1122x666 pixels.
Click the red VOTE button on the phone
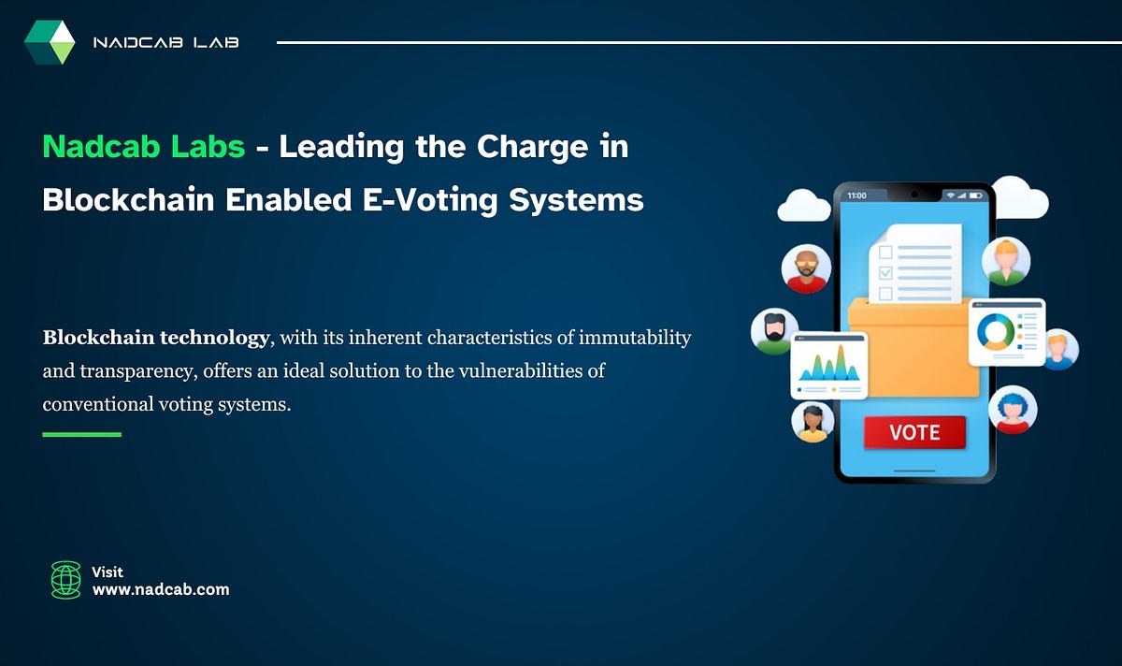[x=914, y=432]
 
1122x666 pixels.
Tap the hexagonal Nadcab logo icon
[x=50, y=42]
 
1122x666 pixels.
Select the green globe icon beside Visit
[x=65, y=580]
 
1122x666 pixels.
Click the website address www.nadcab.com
[x=160, y=589]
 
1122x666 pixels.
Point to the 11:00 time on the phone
[x=856, y=195]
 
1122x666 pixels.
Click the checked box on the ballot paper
[x=885, y=273]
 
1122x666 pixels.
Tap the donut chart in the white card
[x=995, y=331]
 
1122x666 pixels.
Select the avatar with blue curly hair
[x=1013, y=410]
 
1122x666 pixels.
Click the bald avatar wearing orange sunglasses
[x=806, y=269]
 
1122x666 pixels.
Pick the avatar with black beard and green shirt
[x=775, y=332]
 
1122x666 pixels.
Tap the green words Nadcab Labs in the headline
[x=144, y=147]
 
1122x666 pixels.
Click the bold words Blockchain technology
[x=155, y=338]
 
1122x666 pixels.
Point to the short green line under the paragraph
[x=82, y=434]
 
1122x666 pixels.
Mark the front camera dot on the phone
[x=914, y=195]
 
